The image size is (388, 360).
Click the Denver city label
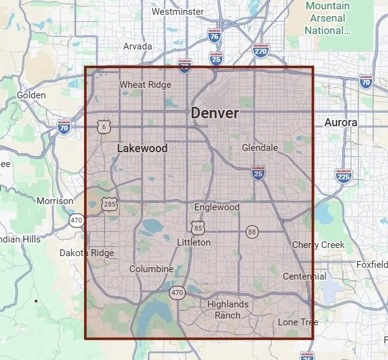214,114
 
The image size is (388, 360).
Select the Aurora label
341,122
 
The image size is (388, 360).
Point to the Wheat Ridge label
145,85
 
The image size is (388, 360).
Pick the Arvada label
137,46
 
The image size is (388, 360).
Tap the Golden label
31,95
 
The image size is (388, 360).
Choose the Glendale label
260,148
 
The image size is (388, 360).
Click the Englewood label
217,207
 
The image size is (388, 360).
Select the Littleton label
194,242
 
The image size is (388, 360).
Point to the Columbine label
151,269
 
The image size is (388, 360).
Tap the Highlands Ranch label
228,309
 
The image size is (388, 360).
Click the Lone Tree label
298,322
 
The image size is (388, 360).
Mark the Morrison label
54,201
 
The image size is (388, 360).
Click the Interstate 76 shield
214,37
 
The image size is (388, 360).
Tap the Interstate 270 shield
261,51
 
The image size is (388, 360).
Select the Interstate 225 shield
343,176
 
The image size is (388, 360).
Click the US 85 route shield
197,228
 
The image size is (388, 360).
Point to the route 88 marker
251,231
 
